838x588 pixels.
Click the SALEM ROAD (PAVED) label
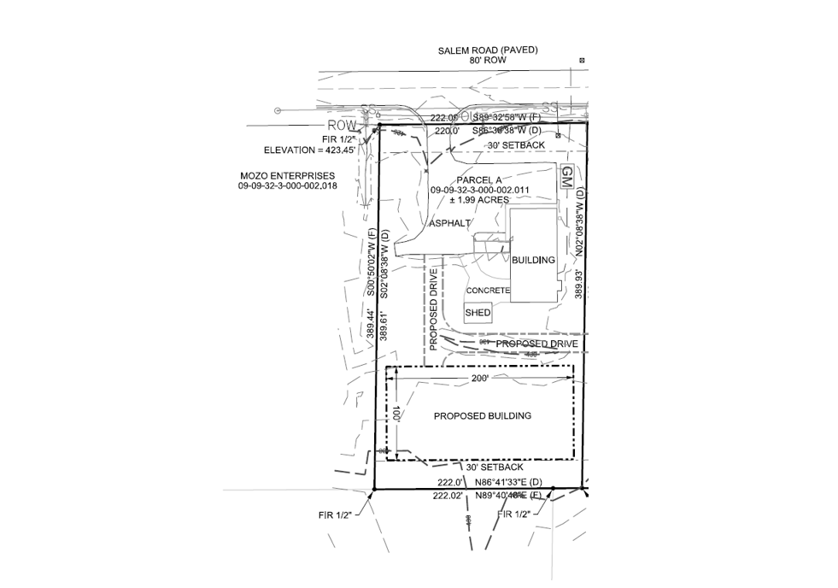(488, 50)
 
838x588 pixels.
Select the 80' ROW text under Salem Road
(488, 62)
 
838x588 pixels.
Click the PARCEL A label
(482, 179)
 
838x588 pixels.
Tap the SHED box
(478, 313)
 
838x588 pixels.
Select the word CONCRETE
(488, 291)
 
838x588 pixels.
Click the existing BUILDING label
(533, 259)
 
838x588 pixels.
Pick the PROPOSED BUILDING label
(483, 416)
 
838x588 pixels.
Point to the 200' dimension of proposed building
(478, 377)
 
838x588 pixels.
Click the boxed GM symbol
(566, 178)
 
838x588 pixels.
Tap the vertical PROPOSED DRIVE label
(434, 310)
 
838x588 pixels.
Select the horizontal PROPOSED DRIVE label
(537, 344)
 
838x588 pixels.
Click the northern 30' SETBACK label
(515, 146)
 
